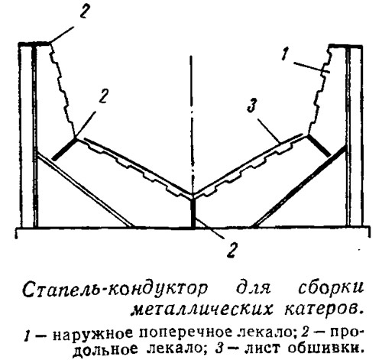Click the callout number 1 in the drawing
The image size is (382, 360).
click(285, 55)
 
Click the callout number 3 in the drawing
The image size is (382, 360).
click(251, 105)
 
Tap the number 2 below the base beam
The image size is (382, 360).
click(231, 250)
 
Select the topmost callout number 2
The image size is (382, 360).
click(85, 11)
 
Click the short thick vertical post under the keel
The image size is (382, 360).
click(193, 213)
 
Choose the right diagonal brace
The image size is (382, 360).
click(299, 186)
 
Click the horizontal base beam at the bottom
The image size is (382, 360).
click(193, 232)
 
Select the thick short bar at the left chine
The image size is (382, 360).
click(64, 149)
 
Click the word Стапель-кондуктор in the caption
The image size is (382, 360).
click(115, 290)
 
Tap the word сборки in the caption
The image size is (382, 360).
click(331, 289)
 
